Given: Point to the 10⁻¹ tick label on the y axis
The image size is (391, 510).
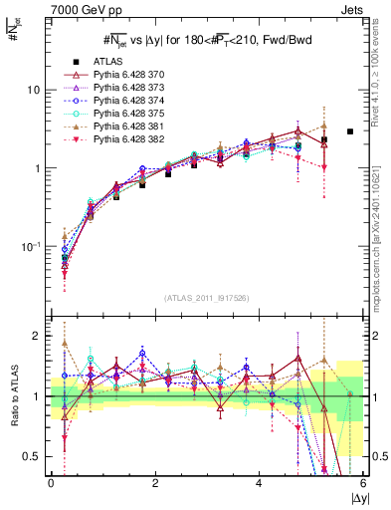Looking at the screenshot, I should [x=34, y=246].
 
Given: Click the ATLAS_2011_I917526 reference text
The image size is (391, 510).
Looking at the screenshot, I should [x=207, y=298].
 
